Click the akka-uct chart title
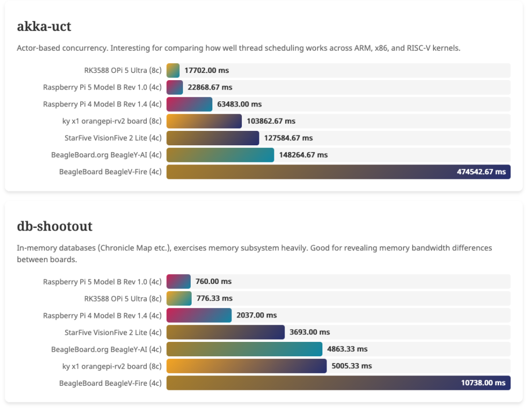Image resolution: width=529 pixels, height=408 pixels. click(x=44, y=26)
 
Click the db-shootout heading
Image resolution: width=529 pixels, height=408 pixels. click(x=55, y=226)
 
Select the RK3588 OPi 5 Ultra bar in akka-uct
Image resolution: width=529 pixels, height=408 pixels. click(x=173, y=70)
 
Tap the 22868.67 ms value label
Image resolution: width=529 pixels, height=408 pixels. click(x=210, y=87)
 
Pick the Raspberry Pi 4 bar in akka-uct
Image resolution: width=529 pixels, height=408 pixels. click(x=189, y=104)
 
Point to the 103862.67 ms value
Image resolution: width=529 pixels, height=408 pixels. click(x=271, y=121)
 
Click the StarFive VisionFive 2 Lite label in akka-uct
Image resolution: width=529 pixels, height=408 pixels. click(x=113, y=138)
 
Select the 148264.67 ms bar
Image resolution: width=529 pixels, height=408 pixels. click(x=220, y=155)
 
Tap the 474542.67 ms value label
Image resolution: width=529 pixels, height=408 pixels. click(x=481, y=172)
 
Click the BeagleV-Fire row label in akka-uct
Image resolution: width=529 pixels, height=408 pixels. click(x=111, y=172)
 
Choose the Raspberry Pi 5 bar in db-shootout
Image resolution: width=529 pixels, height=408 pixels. click(x=178, y=281)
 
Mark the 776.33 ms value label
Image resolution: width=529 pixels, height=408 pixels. click(x=214, y=298)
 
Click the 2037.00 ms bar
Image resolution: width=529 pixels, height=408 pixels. click(x=199, y=315)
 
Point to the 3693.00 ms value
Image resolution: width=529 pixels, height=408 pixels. click(x=310, y=332)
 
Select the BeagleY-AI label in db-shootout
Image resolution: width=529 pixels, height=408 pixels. click(x=106, y=349)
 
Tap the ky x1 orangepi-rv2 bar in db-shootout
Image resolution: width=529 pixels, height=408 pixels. click(x=246, y=366)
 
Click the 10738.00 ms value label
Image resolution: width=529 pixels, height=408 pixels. click(x=483, y=383)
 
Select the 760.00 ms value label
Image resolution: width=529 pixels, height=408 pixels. click(x=213, y=281)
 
